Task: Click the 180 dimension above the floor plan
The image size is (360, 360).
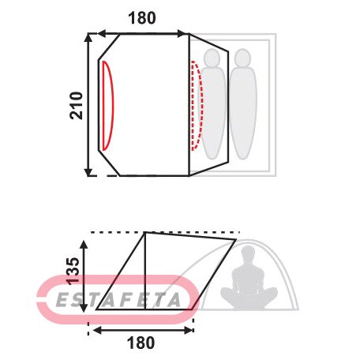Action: [142, 18]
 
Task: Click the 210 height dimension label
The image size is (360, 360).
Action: [77, 106]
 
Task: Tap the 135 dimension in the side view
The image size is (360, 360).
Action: [73, 271]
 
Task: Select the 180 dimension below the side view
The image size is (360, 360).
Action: [141, 343]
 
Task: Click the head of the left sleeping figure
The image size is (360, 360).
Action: [212, 58]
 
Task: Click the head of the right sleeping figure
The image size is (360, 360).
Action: [242, 58]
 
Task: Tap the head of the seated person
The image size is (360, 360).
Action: [248, 253]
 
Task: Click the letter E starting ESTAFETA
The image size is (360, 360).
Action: [62, 300]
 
